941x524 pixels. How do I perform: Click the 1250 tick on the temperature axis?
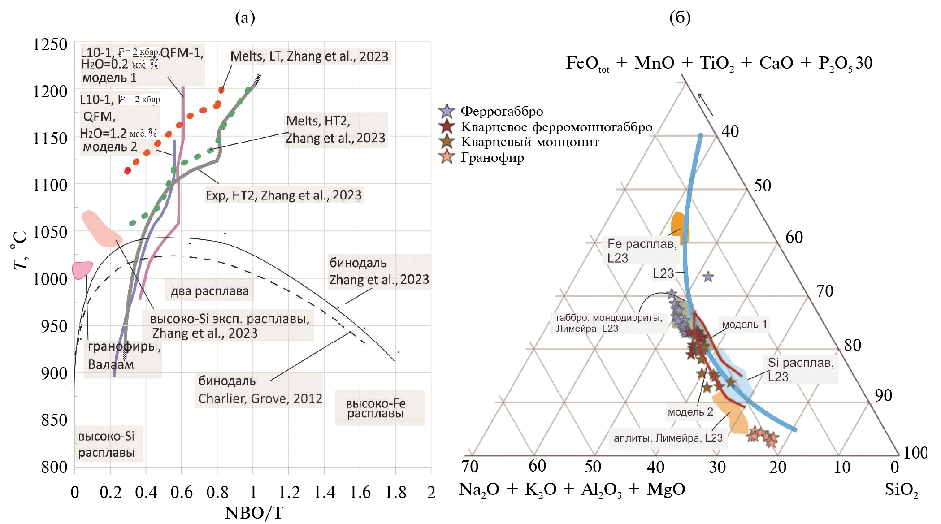pos(50,45)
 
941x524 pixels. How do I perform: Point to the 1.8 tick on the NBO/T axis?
pos(396,492)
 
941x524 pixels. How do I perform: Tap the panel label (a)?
pos(245,17)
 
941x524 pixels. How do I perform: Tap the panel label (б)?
pos(680,17)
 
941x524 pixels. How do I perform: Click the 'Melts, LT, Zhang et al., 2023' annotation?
pos(309,56)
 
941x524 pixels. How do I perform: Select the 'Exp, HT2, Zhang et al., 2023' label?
pos(283,195)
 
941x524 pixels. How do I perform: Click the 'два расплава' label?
pos(209,291)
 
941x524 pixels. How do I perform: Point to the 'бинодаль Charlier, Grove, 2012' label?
pos(260,390)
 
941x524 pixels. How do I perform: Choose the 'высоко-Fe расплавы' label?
pos(376,408)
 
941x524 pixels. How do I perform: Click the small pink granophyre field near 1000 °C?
pos(82,270)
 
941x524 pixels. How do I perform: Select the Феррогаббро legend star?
pos(447,111)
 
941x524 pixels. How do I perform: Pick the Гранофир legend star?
pos(447,157)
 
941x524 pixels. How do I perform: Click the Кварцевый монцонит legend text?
pos(530,142)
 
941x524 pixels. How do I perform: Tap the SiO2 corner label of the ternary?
pos(901,489)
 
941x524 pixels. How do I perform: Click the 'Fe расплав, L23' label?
pos(642,251)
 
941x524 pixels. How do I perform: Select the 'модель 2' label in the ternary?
pos(690,412)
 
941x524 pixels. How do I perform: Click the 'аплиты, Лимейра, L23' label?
pos(668,438)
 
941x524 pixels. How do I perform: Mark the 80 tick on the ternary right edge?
pos(852,345)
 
